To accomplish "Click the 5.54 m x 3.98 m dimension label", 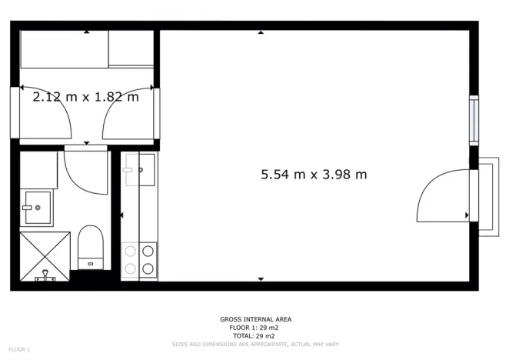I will point(314,175).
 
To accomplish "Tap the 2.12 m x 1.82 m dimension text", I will point(85,97).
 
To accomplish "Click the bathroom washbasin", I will point(35,208).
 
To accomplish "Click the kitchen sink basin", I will point(140,170).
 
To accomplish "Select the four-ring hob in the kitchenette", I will point(139,259).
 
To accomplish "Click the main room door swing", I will point(441,196).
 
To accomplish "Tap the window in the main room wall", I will point(474,120).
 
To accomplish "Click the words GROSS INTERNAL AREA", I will point(256,318).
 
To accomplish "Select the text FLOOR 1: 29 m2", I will point(256,327).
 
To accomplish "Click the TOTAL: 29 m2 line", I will point(256,335).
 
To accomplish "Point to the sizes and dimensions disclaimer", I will point(256,344).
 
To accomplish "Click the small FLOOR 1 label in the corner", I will point(19,350).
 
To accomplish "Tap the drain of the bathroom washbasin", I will point(37,208).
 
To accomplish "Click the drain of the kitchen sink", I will point(141,169).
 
